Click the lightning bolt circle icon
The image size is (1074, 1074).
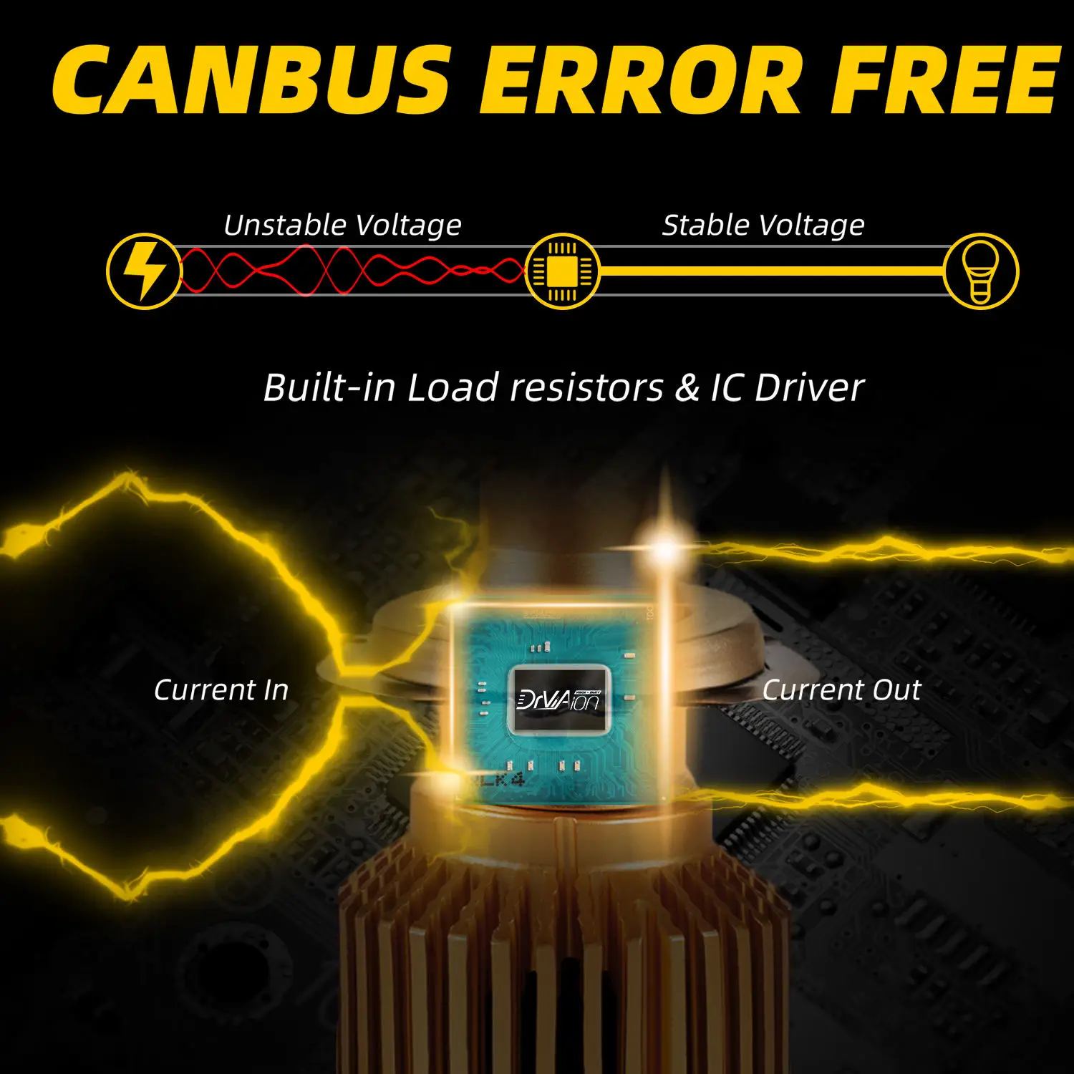[144, 271]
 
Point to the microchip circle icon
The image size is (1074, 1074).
[562, 271]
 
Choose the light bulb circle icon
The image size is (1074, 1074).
[981, 271]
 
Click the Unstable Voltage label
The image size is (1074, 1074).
[342, 225]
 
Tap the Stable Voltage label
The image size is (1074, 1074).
[763, 225]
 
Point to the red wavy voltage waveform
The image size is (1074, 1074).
[351, 271]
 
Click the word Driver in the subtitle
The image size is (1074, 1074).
[809, 387]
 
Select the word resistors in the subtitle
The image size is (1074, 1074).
[587, 387]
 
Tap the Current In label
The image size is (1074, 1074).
[221, 690]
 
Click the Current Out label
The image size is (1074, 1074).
[841, 690]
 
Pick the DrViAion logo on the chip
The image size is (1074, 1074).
[559, 699]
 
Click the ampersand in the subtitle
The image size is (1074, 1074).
[687, 387]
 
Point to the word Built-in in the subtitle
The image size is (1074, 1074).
[329, 387]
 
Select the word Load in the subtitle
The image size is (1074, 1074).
[453, 387]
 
